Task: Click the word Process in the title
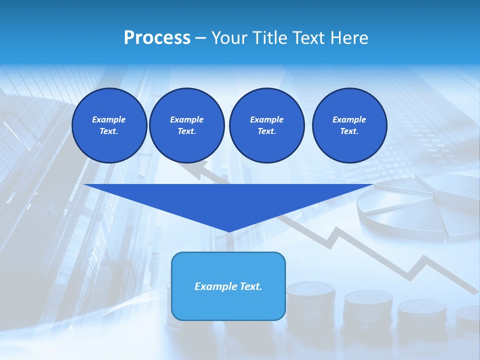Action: click(157, 38)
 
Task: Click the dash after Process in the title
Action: click(200, 38)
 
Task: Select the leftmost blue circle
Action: click(109, 125)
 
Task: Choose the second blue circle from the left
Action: click(187, 125)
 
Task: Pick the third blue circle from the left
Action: click(266, 125)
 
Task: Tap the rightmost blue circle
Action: click(349, 125)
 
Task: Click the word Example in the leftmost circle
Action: click(109, 119)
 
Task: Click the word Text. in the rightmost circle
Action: click(349, 131)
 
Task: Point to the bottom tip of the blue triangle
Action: click(229, 231)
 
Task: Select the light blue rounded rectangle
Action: click(228, 286)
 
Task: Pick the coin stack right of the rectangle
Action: click(310, 305)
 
